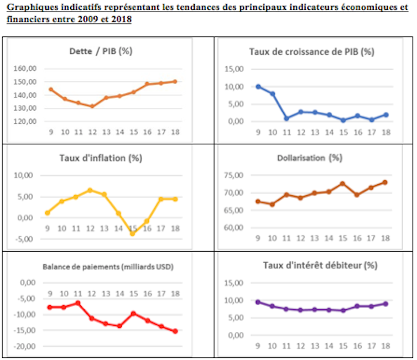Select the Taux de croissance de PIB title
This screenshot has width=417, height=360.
tap(312, 51)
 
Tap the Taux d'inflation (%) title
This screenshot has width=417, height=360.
tap(101, 158)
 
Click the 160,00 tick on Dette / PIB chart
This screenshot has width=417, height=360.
tap(23, 69)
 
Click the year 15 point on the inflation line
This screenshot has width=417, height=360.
tap(132, 233)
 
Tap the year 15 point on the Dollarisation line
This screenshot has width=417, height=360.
tap(342, 184)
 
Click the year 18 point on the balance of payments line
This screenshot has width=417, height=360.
tap(175, 331)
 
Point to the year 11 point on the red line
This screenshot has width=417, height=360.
tap(78, 303)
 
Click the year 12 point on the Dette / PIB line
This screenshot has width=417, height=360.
tap(92, 106)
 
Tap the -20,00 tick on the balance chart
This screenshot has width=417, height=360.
tap(24, 347)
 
